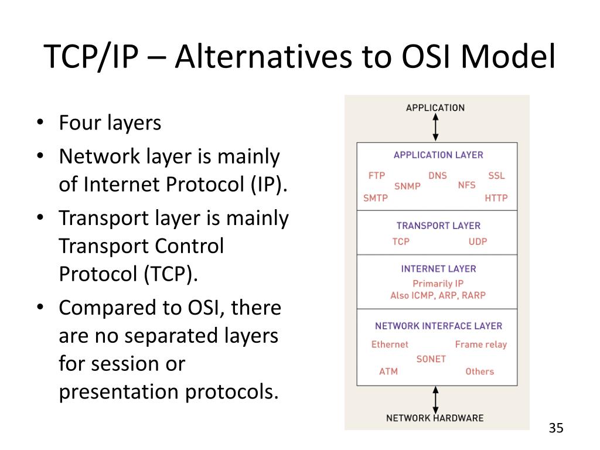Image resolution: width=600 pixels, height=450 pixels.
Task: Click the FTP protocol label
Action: coord(376,175)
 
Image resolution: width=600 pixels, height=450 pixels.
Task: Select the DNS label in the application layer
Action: coord(437,175)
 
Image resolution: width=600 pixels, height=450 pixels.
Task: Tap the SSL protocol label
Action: coord(496,175)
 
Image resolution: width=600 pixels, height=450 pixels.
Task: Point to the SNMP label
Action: coord(407,186)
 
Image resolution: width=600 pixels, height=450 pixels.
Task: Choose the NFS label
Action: coord(467,185)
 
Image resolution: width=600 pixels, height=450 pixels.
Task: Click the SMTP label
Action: coord(376,198)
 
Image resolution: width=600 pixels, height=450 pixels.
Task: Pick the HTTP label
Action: coord(496,198)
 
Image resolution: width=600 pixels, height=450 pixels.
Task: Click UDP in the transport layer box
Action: coord(478,241)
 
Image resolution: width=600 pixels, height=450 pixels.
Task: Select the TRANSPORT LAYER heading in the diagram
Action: coord(438,226)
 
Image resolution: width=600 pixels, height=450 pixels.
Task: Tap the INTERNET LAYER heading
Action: coord(438,269)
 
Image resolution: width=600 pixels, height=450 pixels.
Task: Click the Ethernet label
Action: coord(390,345)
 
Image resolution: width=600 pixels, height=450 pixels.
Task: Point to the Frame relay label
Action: coord(481,345)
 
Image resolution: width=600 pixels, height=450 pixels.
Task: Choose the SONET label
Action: coord(431,359)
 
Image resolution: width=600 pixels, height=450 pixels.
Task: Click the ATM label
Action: coord(388,371)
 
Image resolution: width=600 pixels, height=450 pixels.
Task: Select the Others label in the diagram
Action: coord(480,371)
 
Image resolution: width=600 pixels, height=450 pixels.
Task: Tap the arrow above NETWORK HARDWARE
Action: coord(435,400)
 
